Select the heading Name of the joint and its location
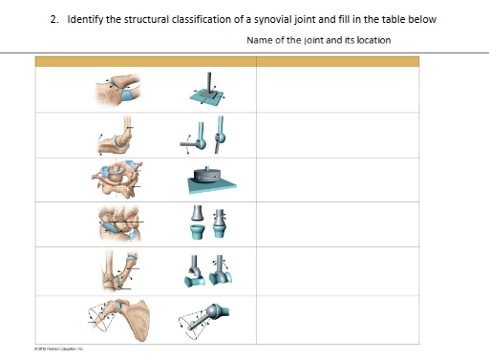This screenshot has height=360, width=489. (317, 39)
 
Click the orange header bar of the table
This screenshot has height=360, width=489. (225, 61)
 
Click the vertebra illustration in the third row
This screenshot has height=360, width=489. (118, 179)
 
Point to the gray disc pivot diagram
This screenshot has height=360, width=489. (211, 180)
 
